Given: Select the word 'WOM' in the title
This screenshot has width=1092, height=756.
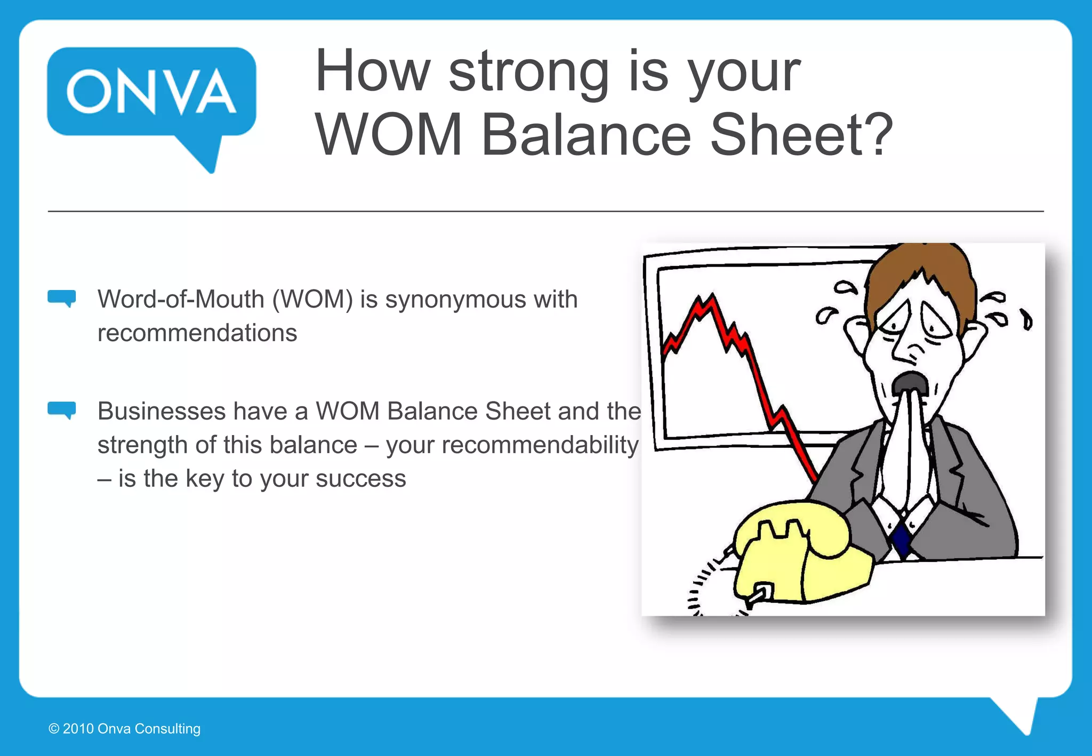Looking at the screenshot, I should pos(389,135).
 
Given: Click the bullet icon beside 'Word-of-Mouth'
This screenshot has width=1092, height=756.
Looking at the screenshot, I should pos(62,298).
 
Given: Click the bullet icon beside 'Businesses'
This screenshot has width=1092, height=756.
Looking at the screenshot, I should pos(62,410).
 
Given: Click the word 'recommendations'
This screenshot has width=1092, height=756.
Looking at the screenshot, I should pos(197,333).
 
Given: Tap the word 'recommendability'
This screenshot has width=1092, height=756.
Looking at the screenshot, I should pos(512,445).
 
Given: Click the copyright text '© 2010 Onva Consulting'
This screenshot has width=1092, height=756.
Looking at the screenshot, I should pos(124,729).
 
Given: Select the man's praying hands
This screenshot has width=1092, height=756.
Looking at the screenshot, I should pos(906,453).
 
